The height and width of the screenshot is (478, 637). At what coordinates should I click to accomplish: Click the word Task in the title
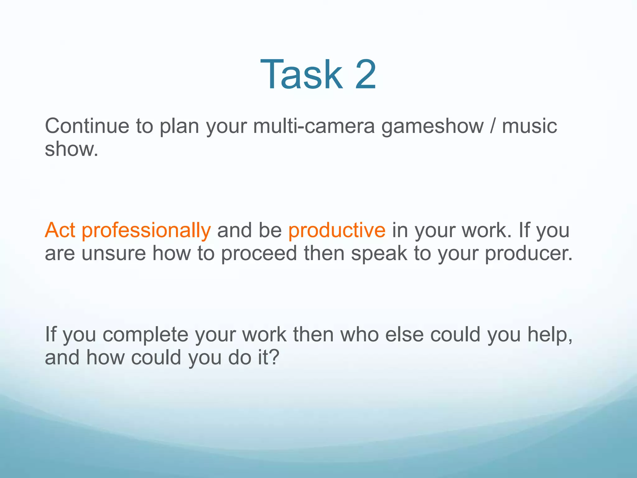(x=301, y=75)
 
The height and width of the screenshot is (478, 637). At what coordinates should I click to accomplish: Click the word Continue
(x=87, y=126)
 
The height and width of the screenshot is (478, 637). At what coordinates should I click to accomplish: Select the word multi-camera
(x=314, y=126)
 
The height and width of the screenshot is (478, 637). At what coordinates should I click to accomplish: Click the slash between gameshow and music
(x=492, y=126)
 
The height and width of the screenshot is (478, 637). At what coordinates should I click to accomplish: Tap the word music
(x=529, y=126)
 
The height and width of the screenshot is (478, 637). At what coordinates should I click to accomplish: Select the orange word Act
(x=60, y=230)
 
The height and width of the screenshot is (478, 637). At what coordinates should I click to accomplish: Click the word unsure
(x=114, y=253)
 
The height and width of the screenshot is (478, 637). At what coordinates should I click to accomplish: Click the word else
(x=404, y=335)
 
